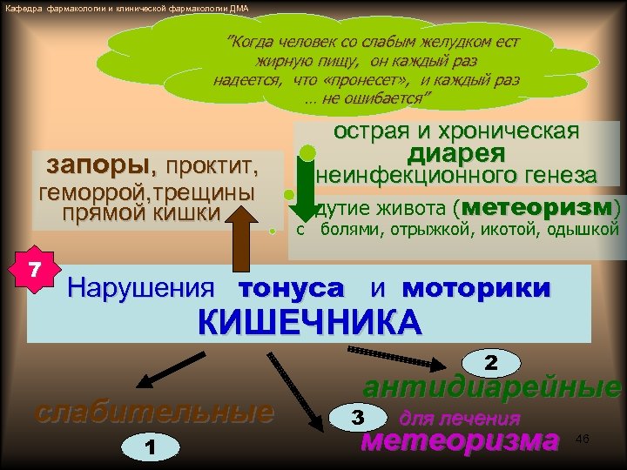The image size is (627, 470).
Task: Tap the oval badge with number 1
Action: [151, 447]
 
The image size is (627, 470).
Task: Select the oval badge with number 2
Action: [490, 361]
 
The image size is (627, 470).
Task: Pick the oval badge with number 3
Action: [356, 417]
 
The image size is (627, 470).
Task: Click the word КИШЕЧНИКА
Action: [309, 321]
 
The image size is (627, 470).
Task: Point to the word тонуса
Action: [291, 287]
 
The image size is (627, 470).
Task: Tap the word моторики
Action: [476, 287]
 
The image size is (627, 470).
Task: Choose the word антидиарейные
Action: [492, 387]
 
